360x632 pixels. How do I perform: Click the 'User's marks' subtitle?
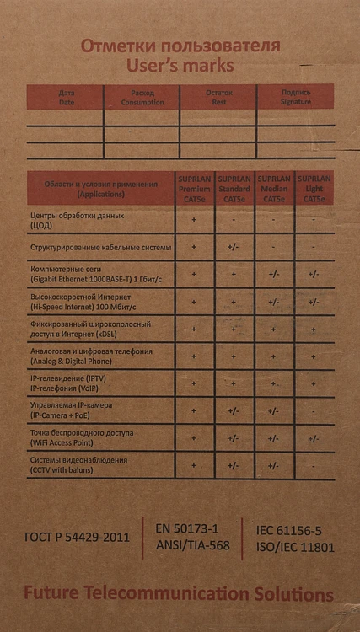click(x=180, y=64)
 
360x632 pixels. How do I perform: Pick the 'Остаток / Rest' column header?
click(x=218, y=96)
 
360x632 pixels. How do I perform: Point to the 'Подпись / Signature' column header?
click(x=296, y=96)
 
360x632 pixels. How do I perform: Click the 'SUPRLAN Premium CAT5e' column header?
click(x=195, y=189)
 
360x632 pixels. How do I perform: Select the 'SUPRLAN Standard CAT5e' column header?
click(x=234, y=189)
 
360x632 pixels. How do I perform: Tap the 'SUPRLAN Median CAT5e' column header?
click(x=274, y=189)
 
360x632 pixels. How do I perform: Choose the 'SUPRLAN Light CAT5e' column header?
click(x=314, y=189)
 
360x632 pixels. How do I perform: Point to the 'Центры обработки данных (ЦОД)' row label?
click(x=78, y=221)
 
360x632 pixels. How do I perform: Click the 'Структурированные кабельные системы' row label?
click(x=100, y=248)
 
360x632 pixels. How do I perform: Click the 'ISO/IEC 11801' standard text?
click(x=295, y=547)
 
